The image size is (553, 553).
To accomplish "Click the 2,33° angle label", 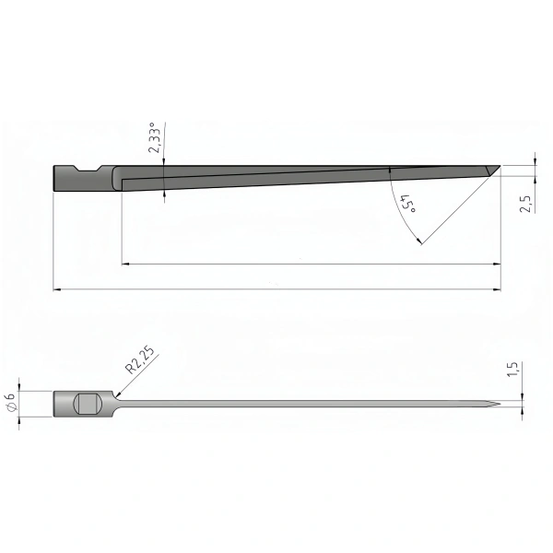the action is pos(156,137).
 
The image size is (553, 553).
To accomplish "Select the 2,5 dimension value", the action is pos(525,204).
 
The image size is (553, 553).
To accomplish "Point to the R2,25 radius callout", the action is pos(140,360).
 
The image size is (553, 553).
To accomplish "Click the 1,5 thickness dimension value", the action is pos(512,370).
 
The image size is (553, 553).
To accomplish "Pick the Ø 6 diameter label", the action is pos(12,402).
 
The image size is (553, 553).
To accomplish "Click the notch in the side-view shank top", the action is pos(88,169).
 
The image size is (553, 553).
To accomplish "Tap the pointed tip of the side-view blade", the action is pos(500,166).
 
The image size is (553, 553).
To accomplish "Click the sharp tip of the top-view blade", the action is pos(500,404).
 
